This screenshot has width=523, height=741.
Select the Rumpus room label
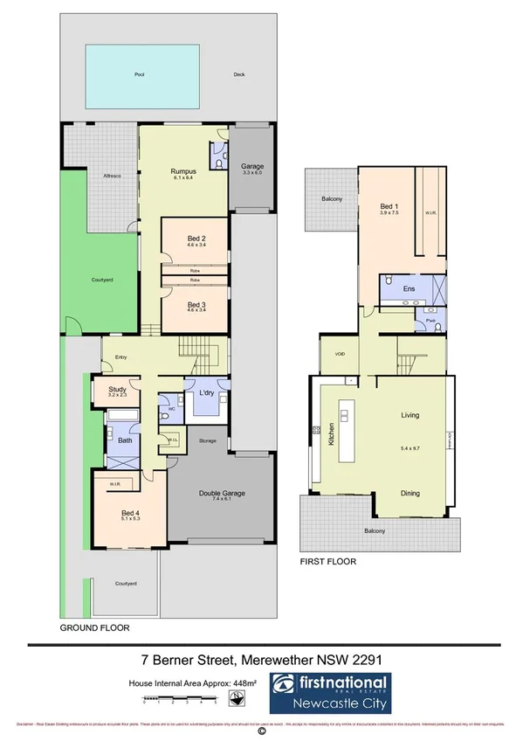[x=182, y=170]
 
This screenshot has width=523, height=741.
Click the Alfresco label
[x=113, y=175]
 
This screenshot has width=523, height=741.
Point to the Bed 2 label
[x=196, y=239]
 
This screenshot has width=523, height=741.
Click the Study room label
[x=117, y=390]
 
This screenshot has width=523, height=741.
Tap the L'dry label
[x=207, y=393]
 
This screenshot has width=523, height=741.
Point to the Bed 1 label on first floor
[x=389, y=204]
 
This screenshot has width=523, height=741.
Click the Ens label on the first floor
[x=408, y=287]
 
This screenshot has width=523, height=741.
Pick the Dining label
[x=411, y=494]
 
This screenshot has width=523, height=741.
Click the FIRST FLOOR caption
[x=327, y=561]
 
